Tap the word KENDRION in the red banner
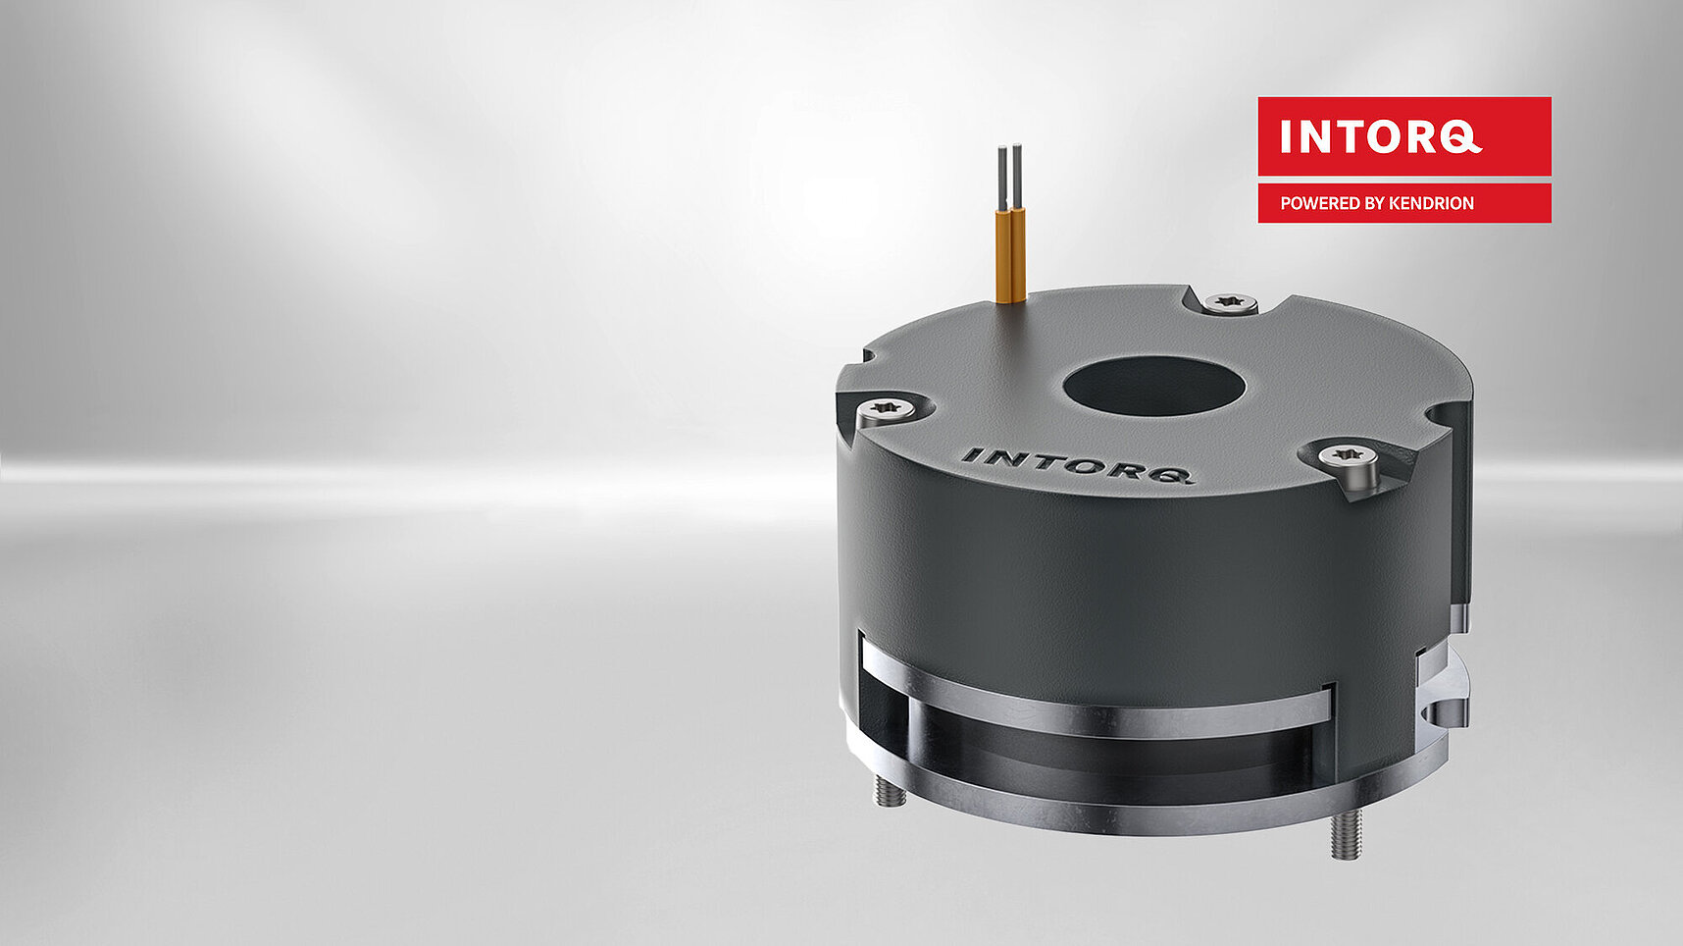pyautogui.click(x=1431, y=203)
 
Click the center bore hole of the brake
pyautogui.click(x=1153, y=387)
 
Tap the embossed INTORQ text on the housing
pyautogui.click(x=1077, y=464)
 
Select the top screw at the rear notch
pyautogui.click(x=1229, y=301)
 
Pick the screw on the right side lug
pyautogui.click(x=1347, y=457)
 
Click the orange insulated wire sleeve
pyautogui.click(x=1010, y=255)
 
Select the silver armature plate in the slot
pyautogui.click(x=1098, y=702)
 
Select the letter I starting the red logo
pyautogui.click(x=1286, y=137)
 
